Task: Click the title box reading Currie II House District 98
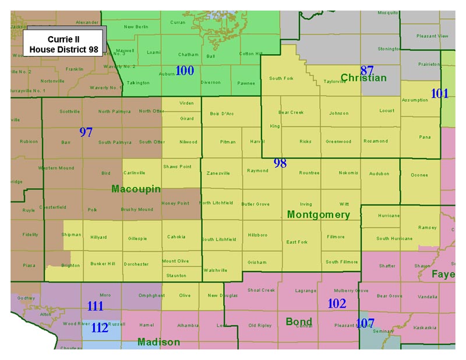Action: (x=64, y=43)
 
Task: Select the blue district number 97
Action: (x=86, y=132)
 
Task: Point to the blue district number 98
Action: (x=280, y=163)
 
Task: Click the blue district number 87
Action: (x=367, y=70)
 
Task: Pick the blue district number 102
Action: (x=337, y=303)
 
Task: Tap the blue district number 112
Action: (x=100, y=327)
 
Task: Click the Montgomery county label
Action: (x=318, y=215)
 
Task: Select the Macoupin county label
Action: (x=133, y=189)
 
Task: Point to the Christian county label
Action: (x=363, y=78)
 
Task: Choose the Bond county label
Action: (x=299, y=321)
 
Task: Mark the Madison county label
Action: (x=158, y=342)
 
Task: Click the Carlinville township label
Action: (x=135, y=173)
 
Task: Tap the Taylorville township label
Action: (x=334, y=82)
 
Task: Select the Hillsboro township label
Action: (x=257, y=235)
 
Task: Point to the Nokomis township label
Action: (x=348, y=173)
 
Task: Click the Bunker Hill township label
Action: (x=103, y=264)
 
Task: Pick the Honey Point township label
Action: (x=175, y=203)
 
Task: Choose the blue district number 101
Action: (x=439, y=93)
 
